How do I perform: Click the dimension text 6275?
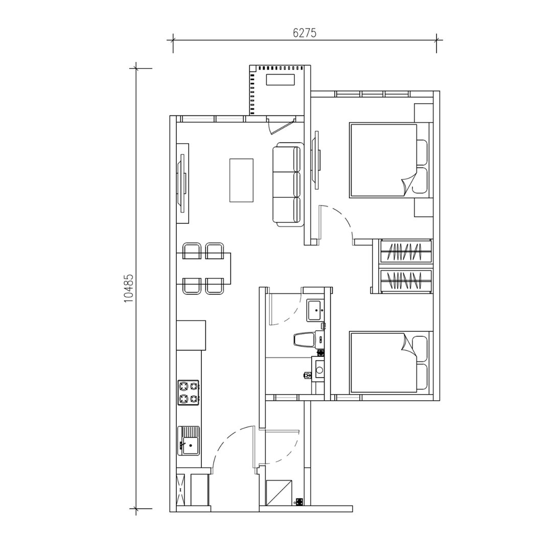(x=305, y=33)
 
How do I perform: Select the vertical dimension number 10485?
(x=128, y=289)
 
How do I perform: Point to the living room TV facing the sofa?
(x=182, y=183)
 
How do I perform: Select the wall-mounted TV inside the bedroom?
(x=317, y=159)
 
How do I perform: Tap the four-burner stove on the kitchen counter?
(x=188, y=393)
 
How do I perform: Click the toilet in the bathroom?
(x=305, y=339)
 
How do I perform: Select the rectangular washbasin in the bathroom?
(x=314, y=310)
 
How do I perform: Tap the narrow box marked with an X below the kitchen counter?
(x=180, y=489)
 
